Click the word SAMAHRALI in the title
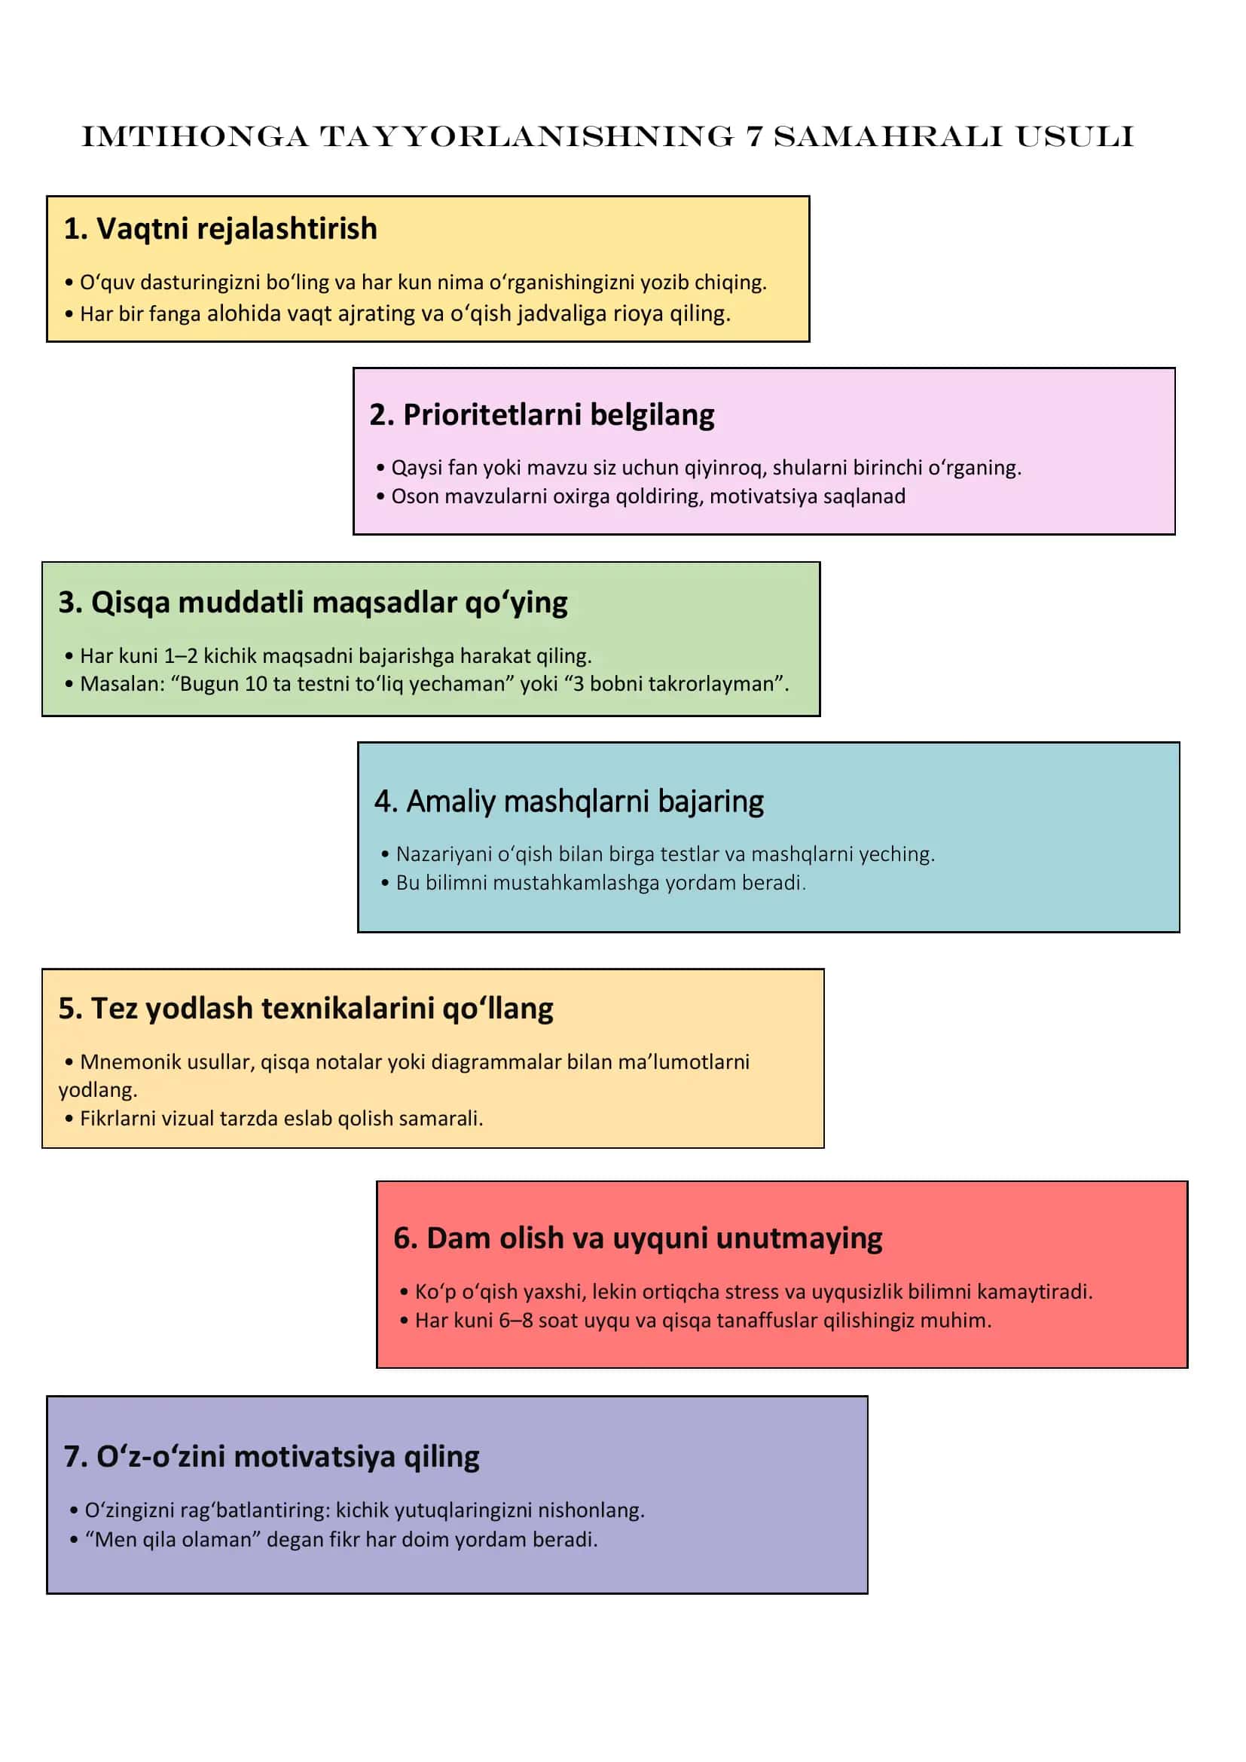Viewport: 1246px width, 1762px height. pos(887,136)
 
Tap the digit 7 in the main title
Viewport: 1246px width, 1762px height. pos(754,136)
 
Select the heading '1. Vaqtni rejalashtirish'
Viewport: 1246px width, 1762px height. pos(220,229)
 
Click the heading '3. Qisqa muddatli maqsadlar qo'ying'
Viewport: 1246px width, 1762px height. pos(313,603)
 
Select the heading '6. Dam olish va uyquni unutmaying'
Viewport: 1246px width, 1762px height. pos(637,1238)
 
